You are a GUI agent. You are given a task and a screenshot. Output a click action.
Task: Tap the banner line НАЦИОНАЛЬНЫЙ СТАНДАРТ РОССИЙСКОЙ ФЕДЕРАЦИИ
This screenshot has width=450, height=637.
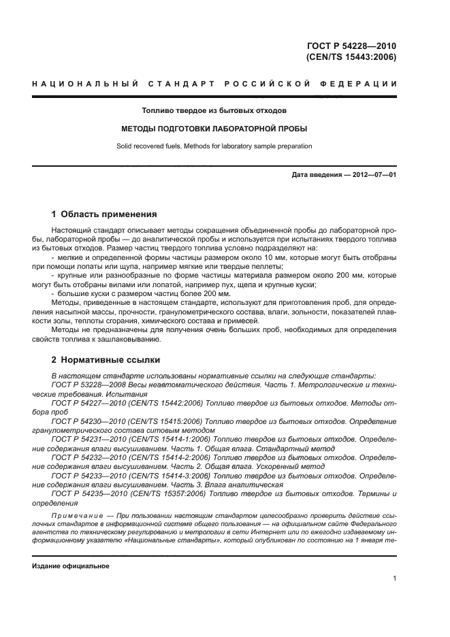click(x=214, y=84)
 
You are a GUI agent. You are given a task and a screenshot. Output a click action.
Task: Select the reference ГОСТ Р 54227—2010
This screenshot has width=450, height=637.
click(x=90, y=403)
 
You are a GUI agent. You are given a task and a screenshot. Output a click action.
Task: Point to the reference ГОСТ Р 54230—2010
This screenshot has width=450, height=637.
click(x=90, y=421)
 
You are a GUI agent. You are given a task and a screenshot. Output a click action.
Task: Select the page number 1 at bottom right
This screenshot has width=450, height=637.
click(x=394, y=578)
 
